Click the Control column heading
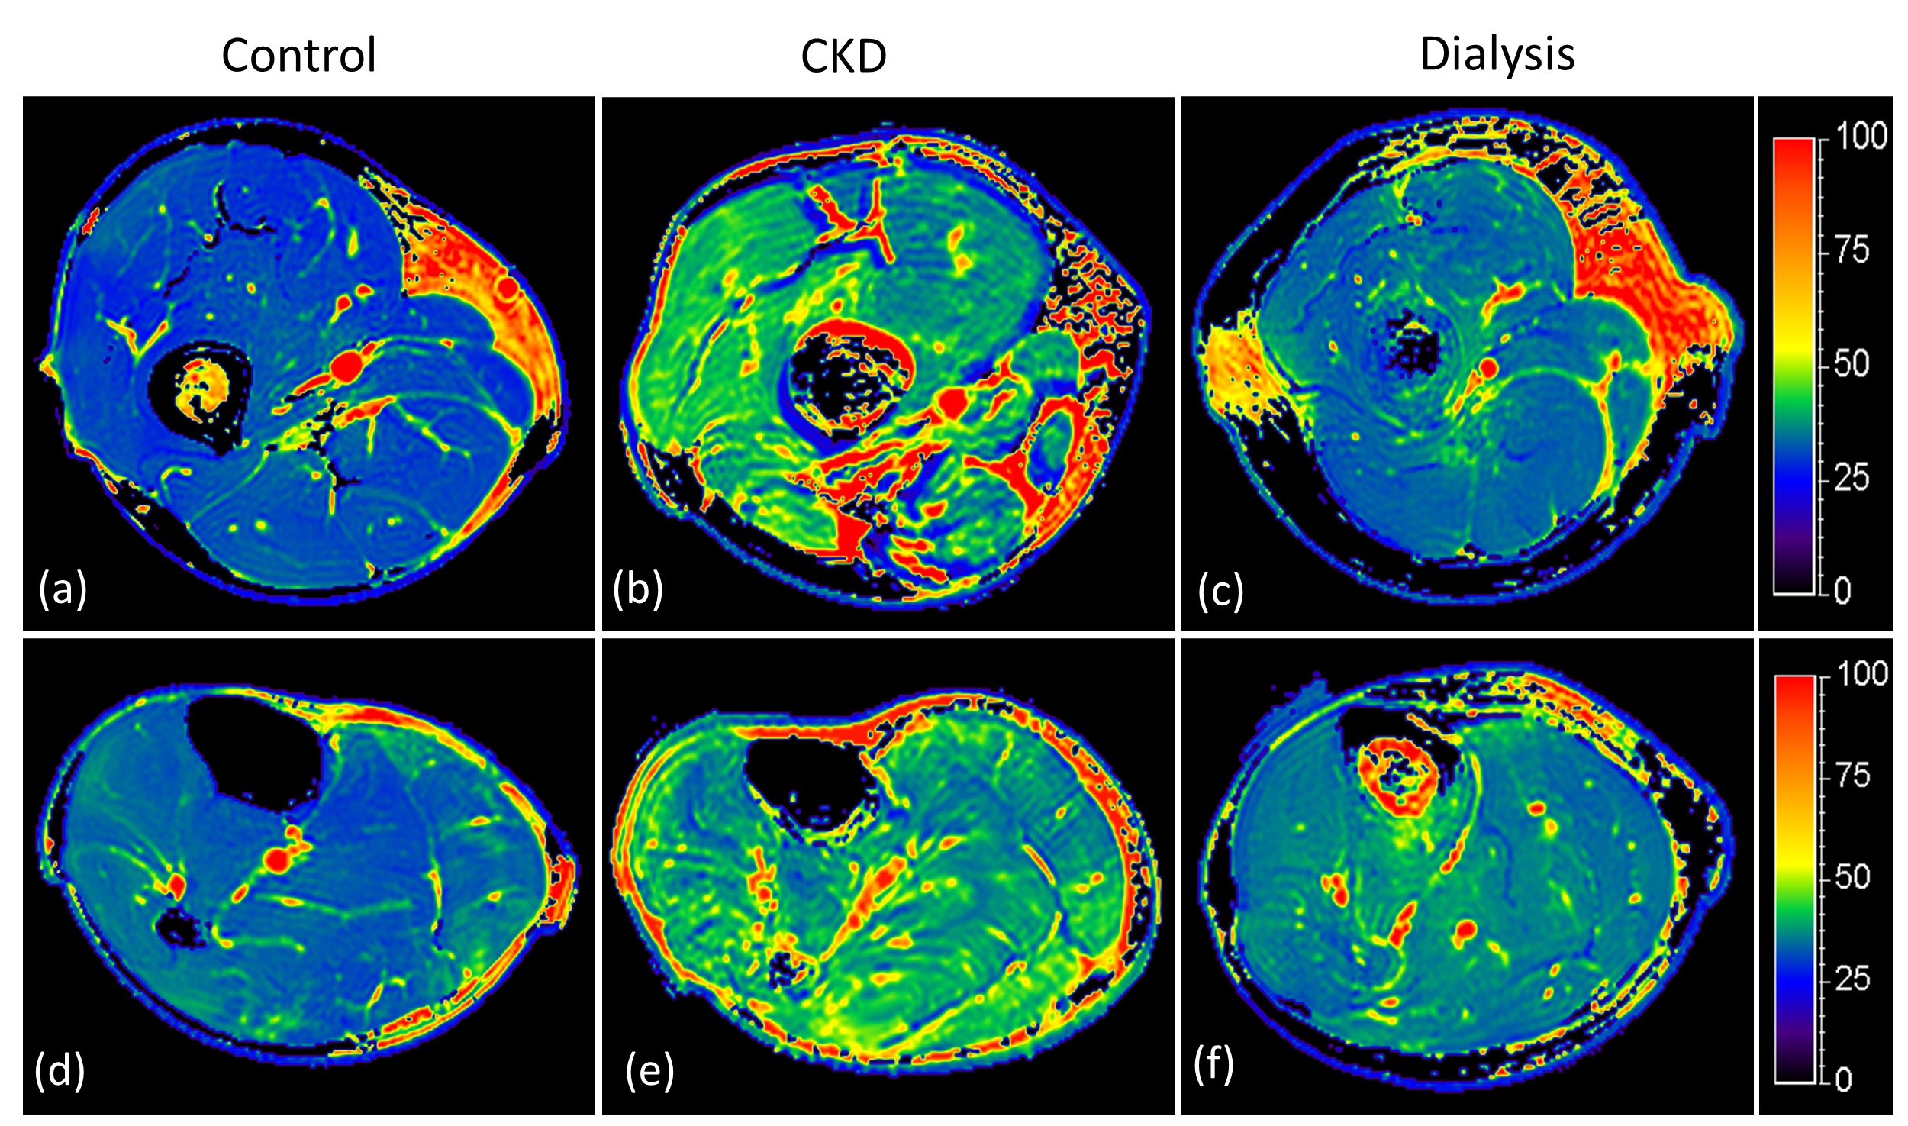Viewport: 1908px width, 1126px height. coord(298,56)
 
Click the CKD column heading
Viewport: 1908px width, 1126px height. coord(843,56)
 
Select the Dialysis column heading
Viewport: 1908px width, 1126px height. coord(1497,54)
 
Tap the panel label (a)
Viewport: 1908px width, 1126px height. coord(63,589)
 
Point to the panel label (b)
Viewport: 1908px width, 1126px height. coord(637,589)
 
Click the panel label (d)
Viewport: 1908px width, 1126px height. coord(60,1070)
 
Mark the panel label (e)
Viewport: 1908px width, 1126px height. coord(649,1070)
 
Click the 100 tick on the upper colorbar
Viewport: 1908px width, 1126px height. coord(1861,136)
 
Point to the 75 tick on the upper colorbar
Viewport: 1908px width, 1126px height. coord(1852,250)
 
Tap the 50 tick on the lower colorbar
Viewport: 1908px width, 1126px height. coord(1852,876)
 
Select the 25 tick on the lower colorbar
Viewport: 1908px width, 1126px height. coord(1852,978)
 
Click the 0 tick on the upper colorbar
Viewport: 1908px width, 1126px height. coord(1842,590)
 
